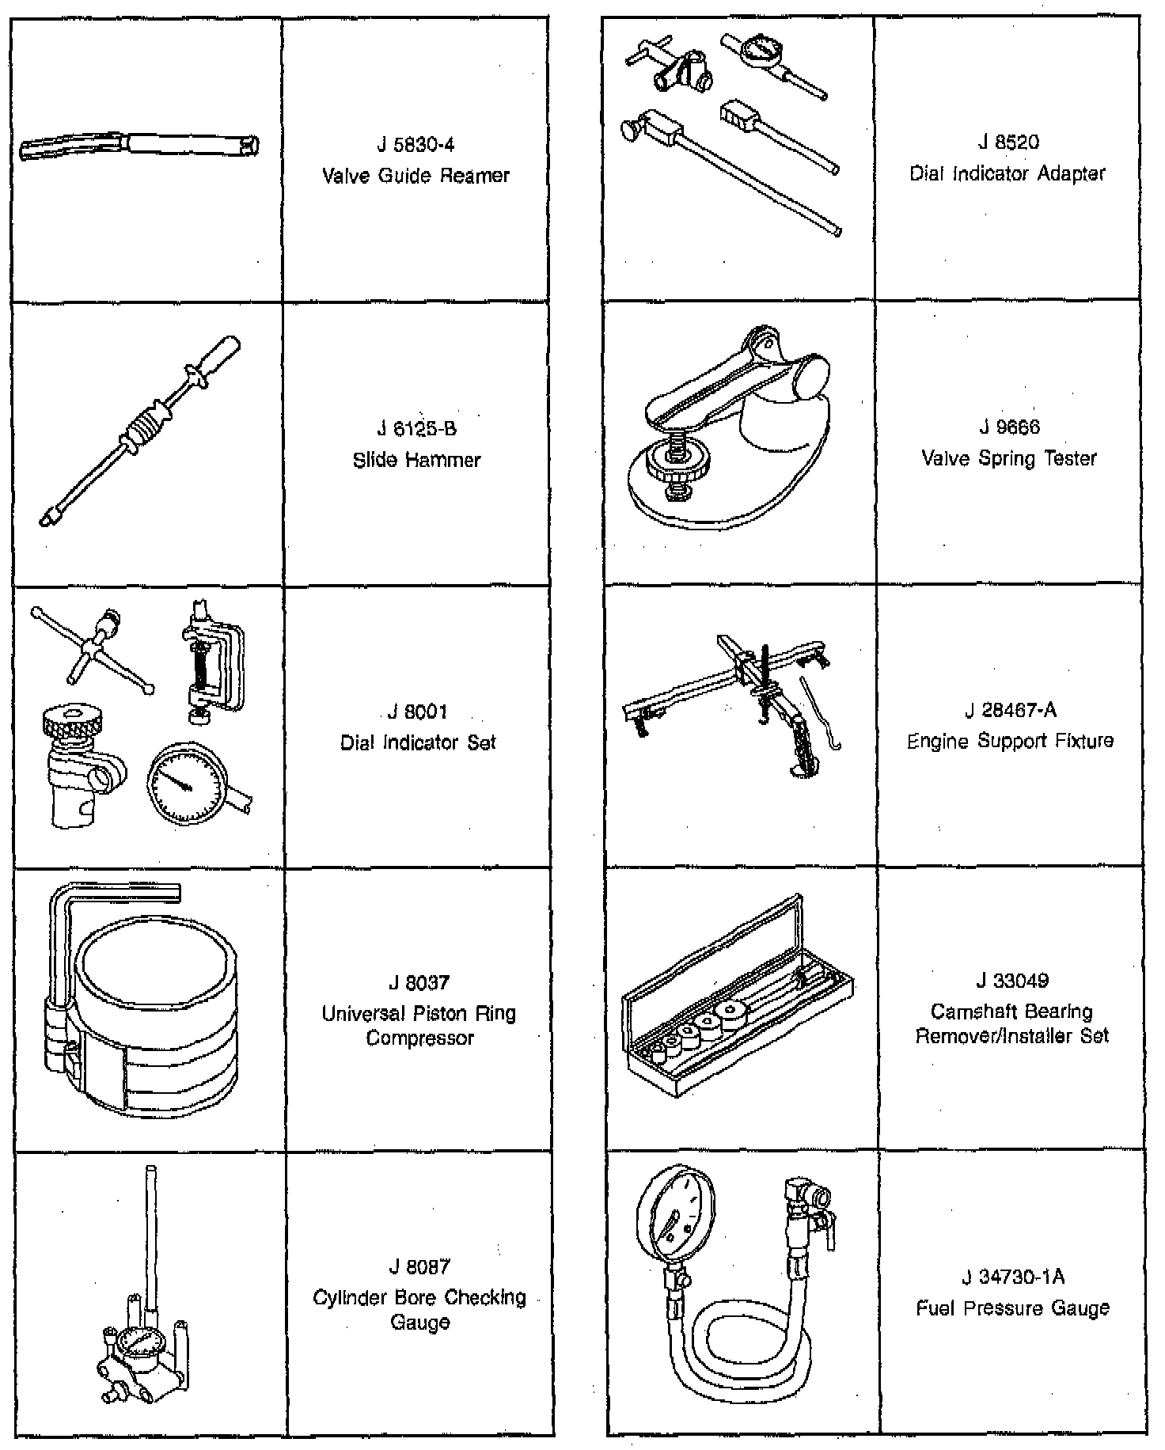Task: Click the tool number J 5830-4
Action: (416, 145)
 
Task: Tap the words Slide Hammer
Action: (416, 460)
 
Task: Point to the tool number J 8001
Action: (418, 712)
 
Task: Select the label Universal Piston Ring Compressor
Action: (419, 1025)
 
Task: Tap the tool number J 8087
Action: (419, 1266)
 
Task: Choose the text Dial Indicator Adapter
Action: (1007, 173)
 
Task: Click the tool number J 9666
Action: (1008, 427)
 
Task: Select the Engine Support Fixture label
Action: (1010, 741)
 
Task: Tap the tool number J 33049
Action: (1011, 981)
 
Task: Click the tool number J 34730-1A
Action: (1012, 1277)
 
